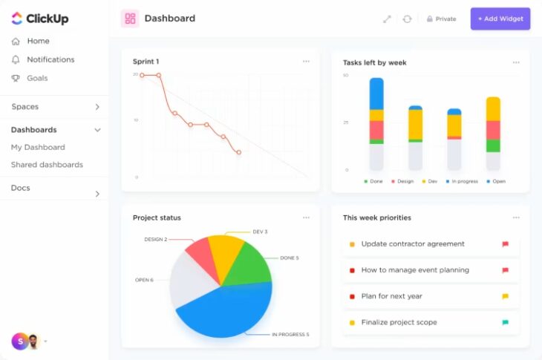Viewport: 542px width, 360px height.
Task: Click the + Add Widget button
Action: click(500, 19)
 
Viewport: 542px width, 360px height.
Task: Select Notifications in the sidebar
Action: click(50, 59)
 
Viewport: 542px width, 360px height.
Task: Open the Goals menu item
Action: click(37, 78)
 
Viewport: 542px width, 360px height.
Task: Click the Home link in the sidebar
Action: click(38, 41)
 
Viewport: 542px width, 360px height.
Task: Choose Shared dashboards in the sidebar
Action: click(47, 165)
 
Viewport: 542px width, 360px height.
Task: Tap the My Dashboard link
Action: click(38, 147)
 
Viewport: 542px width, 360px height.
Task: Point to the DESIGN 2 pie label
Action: click(155, 240)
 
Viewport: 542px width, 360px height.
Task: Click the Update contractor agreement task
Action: click(413, 244)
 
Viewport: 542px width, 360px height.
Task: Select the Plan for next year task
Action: click(391, 296)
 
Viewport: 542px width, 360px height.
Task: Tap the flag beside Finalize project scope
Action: click(505, 323)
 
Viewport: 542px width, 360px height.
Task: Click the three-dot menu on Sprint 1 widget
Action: click(306, 62)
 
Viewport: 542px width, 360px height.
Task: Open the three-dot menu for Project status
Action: click(306, 217)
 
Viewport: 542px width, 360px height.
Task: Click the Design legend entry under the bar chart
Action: click(402, 181)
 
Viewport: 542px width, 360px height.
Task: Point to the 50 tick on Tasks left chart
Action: click(346, 76)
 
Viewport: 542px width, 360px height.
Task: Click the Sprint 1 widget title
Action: click(146, 62)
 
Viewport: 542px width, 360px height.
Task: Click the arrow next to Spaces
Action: click(97, 107)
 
